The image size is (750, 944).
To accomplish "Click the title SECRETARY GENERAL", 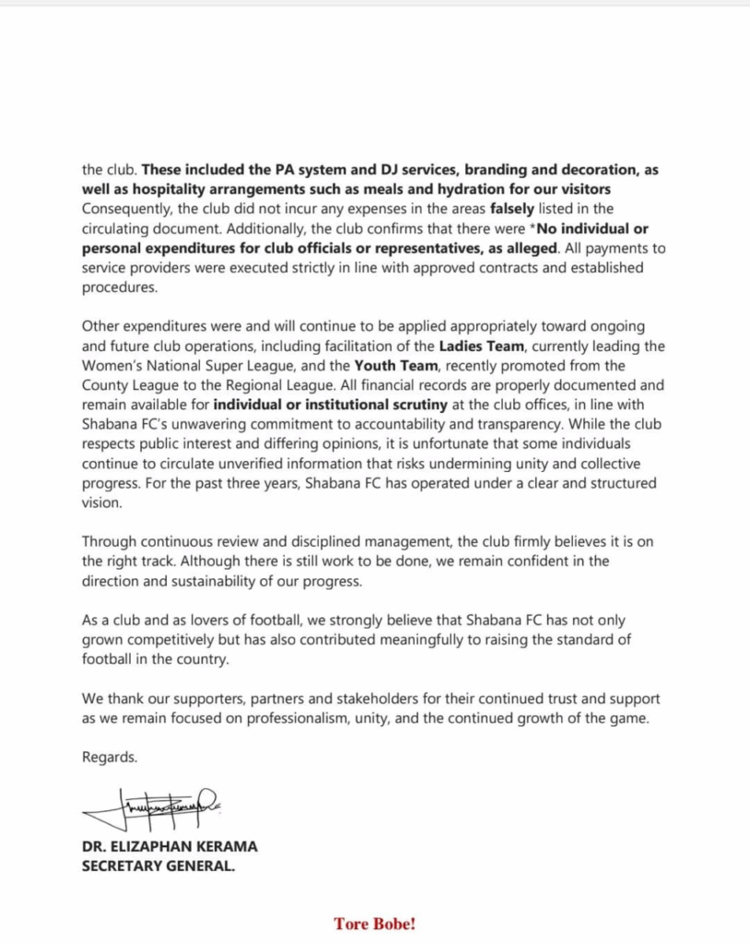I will click(158, 866).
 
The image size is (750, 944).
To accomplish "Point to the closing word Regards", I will click(110, 757).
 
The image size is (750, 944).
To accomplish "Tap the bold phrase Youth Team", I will click(391, 365).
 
